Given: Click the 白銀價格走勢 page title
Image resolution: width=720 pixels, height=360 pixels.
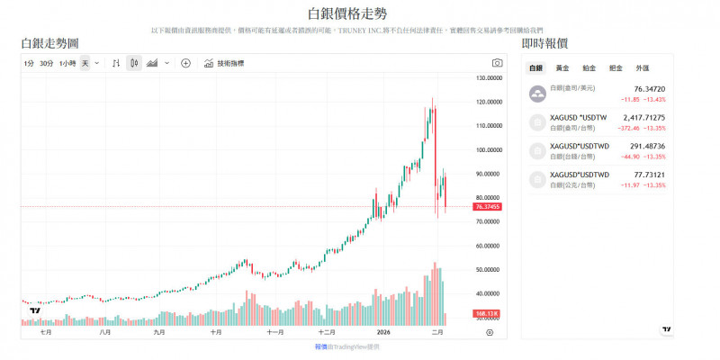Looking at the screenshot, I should (359, 13).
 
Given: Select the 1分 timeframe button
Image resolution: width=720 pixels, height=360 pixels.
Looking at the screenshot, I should (30, 64).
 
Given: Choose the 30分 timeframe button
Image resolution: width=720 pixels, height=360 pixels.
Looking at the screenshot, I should (47, 64).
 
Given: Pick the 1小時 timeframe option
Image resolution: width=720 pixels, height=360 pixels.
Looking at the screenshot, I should (67, 64).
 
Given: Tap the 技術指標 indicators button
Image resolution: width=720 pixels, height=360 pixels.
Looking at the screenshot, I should (224, 64).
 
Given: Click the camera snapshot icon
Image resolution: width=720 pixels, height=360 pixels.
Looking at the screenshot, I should (497, 64).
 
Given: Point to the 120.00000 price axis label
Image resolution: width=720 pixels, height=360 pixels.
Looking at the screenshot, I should (488, 102).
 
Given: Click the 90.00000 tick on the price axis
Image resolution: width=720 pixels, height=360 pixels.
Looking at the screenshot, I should (488, 174).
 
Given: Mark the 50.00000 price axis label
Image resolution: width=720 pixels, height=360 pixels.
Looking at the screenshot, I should (488, 269).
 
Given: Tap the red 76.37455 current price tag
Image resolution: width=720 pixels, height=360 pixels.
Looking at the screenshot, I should (487, 207).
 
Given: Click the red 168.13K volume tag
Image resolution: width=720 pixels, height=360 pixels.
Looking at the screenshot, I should (487, 313).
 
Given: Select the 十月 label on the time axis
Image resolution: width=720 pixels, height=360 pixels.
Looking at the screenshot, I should (215, 332).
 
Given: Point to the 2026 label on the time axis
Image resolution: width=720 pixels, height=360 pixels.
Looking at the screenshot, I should (384, 332).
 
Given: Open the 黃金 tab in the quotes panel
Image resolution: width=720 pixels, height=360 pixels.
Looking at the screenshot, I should (562, 68).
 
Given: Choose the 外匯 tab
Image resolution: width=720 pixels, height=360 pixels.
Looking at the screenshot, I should (642, 68).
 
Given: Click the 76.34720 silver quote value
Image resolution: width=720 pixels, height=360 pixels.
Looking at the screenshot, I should (649, 89).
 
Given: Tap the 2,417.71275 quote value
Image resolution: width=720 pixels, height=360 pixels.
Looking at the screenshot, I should (643, 117).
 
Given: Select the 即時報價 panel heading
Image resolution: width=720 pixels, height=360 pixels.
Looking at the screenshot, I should (544, 43).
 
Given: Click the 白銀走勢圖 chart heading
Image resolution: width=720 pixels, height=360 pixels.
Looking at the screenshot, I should (49, 43).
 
